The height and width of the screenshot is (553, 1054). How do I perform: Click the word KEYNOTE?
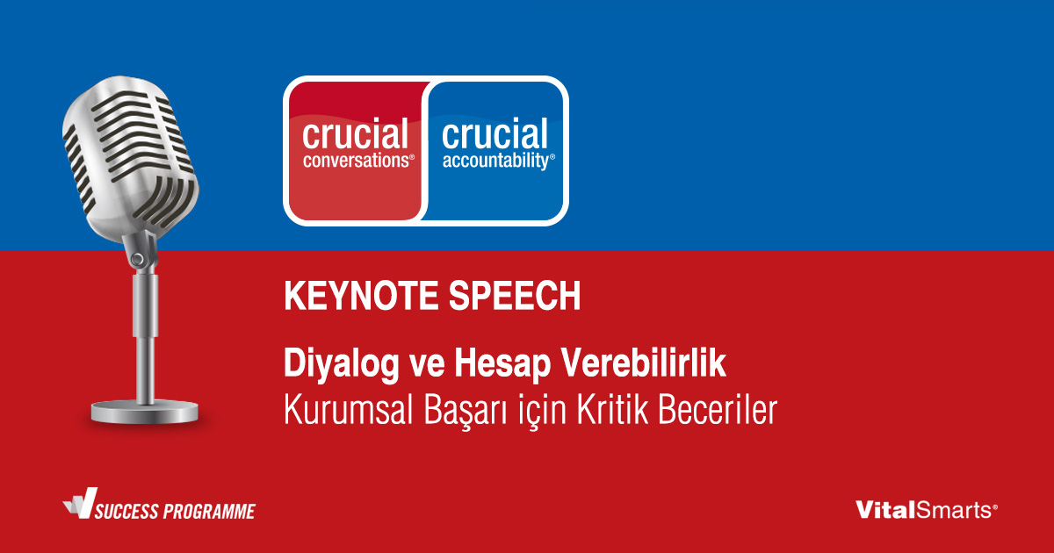tap(361, 296)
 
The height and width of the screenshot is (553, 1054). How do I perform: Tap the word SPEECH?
tap(515, 296)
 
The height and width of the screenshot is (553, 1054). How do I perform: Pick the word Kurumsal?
tap(348, 410)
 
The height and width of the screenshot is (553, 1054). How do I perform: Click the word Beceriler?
tap(717, 410)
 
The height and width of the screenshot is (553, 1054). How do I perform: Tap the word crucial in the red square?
tap(355, 133)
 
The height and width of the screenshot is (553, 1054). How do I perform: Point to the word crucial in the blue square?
tap(495, 133)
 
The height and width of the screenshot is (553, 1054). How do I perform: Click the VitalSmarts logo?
tap(926, 510)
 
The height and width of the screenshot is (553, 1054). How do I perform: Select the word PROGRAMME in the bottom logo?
tap(209, 512)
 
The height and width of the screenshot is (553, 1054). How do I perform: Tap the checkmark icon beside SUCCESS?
tap(81, 503)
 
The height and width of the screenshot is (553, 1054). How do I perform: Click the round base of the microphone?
tap(144, 412)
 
